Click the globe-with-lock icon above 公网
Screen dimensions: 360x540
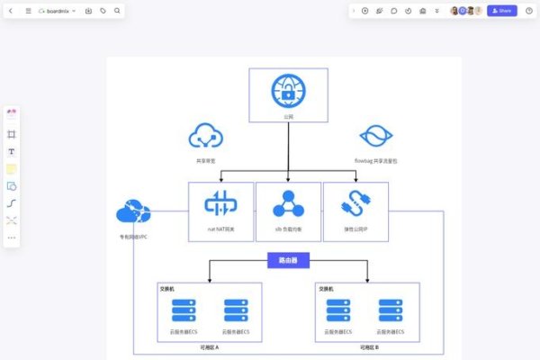[288, 91]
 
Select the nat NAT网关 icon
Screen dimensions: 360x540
[220, 205]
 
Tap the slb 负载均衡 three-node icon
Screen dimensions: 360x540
[288, 205]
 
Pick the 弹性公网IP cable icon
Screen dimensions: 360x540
[355, 205]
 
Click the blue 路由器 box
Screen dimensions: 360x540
[288, 261]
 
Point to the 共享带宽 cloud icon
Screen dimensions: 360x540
[205, 136]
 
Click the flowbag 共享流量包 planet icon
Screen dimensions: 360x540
[375, 137]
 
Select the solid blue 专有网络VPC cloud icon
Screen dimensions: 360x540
[132, 213]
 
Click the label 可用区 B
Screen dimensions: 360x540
[369, 346]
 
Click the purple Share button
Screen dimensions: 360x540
[501, 11]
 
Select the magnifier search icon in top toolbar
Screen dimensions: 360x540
[117, 11]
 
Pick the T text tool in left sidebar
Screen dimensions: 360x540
[12, 151]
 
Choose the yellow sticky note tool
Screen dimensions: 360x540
[12, 168]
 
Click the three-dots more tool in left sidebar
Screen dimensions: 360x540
[12, 238]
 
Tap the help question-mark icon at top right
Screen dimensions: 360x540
[528, 11]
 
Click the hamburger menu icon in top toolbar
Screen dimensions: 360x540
[28, 11]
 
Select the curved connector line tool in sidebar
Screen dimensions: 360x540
[12, 202]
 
